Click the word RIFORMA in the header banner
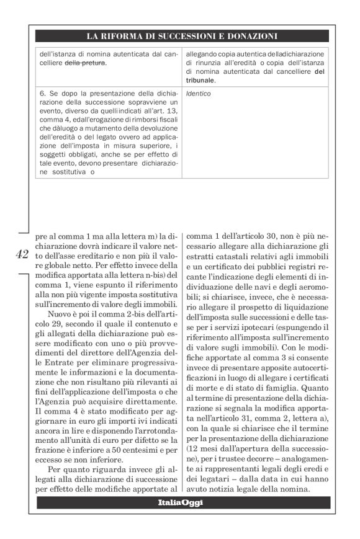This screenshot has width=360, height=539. tap(125, 36)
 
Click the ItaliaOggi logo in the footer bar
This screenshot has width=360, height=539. tap(180, 502)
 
